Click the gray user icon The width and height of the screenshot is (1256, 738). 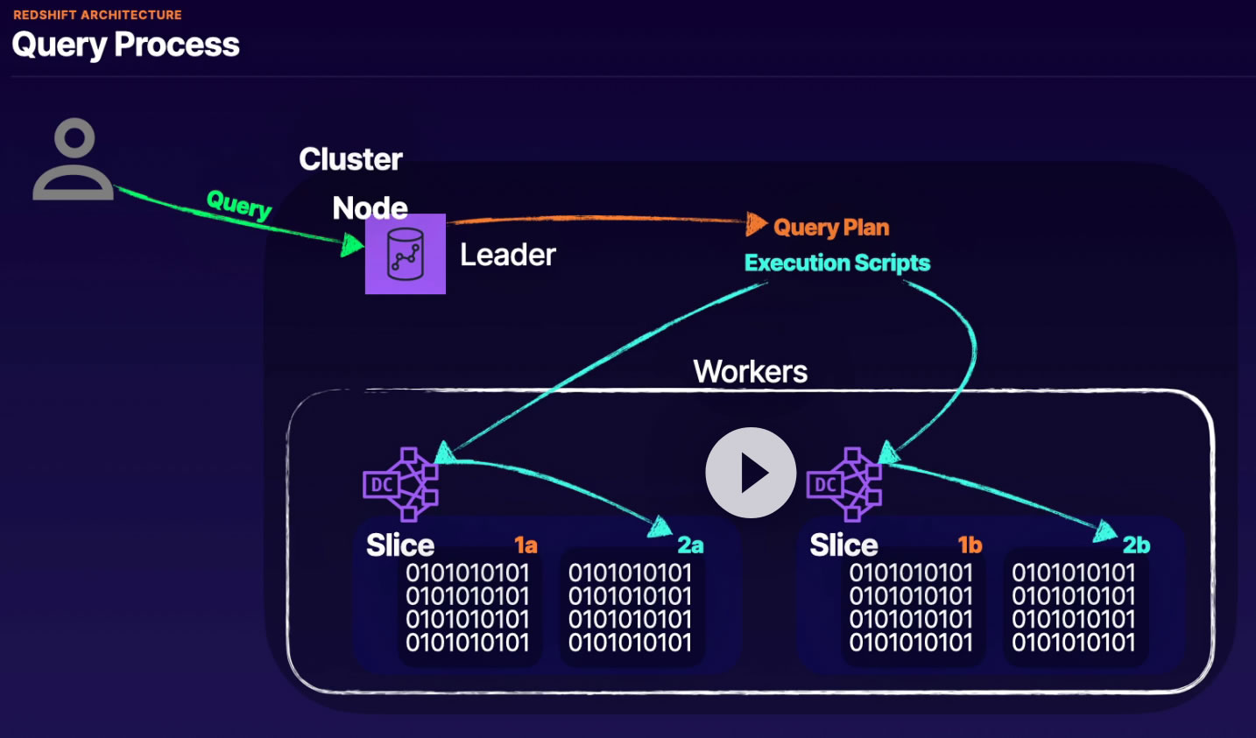[74, 159]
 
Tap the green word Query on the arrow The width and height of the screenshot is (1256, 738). [239, 205]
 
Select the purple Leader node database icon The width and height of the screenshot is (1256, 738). [406, 254]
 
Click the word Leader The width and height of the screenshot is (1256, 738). [508, 255]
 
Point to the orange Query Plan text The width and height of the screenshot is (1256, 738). [831, 228]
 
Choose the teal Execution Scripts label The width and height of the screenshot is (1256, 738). [837, 263]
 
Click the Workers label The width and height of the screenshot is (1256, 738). [751, 371]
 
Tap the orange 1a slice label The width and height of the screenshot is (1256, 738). [526, 545]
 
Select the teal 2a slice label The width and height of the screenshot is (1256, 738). [690, 545]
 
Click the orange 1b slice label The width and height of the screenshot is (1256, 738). [970, 545]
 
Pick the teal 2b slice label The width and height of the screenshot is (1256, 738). [1136, 545]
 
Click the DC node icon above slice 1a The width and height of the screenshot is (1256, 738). [400, 484]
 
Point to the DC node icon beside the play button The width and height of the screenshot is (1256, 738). [843, 484]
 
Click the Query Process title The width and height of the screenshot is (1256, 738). [125, 45]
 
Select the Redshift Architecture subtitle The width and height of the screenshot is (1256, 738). [97, 15]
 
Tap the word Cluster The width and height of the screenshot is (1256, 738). [350, 159]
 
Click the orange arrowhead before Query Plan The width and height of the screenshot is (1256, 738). [756, 224]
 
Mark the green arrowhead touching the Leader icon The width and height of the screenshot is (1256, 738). [352, 245]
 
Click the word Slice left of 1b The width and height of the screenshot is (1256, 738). [843, 545]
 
